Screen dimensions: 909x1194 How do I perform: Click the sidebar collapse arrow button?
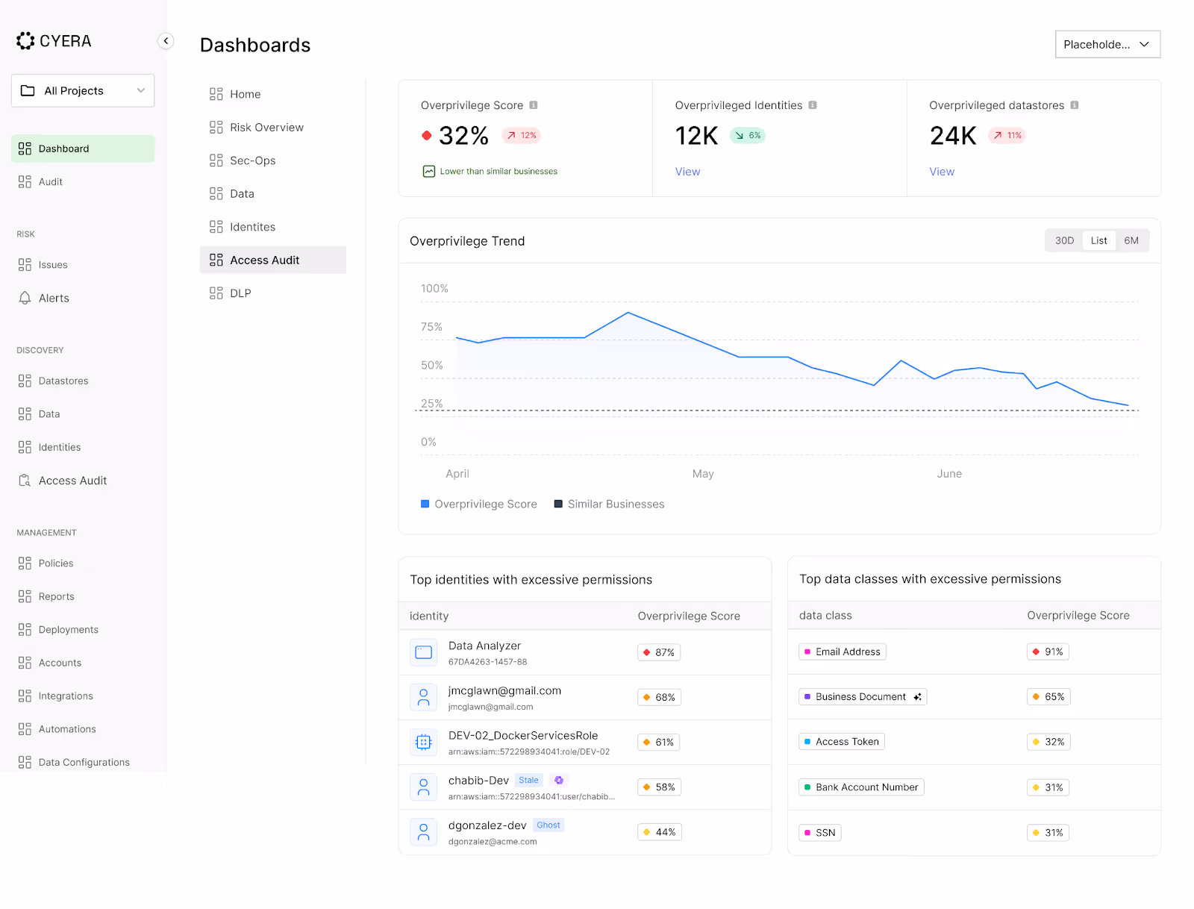[x=166, y=41]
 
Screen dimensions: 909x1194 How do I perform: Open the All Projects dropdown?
[x=83, y=90]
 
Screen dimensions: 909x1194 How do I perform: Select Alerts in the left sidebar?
[x=54, y=298]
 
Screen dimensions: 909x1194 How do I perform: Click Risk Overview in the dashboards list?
[x=266, y=128]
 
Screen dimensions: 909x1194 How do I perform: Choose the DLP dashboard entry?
[x=240, y=293]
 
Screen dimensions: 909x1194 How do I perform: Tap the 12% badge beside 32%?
[x=522, y=135]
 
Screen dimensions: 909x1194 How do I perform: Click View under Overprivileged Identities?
[x=687, y=172]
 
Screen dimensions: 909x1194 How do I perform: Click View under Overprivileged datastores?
[x=941, y=172]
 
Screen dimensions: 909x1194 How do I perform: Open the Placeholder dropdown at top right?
[x=1107, y=44]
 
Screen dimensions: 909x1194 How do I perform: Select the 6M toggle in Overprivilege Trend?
[x=1131, y=240]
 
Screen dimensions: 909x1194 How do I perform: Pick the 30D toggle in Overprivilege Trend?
[x=1064, y=240]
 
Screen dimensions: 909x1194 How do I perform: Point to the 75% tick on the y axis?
[x=431, y=327]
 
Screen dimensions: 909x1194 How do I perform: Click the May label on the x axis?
[x=703, y=474]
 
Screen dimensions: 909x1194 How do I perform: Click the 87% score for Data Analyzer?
[x=659, y=652]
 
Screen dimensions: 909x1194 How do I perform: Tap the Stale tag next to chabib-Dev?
[x=528, y=781]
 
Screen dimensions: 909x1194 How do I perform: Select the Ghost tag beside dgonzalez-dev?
[x=548, y=825]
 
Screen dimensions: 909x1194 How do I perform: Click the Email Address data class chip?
[x=843, y=652]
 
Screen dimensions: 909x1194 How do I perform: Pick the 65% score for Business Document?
[x=1048, y=697]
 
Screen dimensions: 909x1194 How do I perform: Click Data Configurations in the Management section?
[x=84, y=762]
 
